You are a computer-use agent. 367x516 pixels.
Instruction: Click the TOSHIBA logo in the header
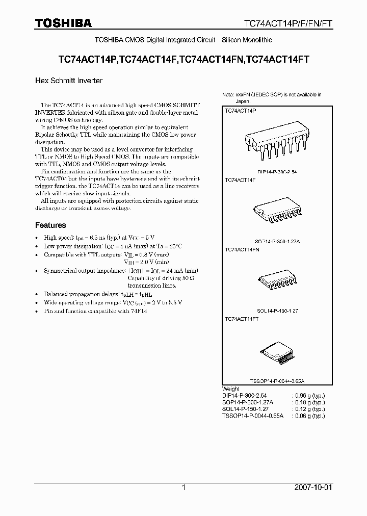click(x=63, y=23)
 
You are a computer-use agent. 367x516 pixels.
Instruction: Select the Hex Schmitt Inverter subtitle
click(x=69, y=81)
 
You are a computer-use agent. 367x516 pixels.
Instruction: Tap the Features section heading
click(x=50, y=225)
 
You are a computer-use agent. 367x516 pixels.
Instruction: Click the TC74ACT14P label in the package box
click(x=241, y=110)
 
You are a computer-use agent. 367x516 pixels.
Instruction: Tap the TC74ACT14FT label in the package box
click(x=242, y=319)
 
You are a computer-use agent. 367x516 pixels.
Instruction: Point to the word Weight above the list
click(x=230, y=389)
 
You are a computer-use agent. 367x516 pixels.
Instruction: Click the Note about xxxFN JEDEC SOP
click(x=272, y=97)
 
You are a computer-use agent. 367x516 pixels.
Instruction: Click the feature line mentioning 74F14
click(x=95, y=311)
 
